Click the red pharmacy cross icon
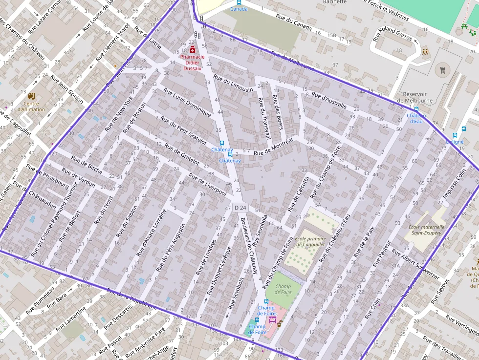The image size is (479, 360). (x=193, y=50)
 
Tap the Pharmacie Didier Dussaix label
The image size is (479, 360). (x=192, y=63)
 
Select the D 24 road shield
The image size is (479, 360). (x=240, y=208)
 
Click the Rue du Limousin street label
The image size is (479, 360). (x=233, y=84)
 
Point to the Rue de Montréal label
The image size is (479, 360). (x=273, y=145)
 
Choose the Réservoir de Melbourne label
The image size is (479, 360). (x=415, y=97)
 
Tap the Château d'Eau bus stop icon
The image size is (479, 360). (x=416, y=109)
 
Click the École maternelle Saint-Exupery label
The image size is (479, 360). (x=427, y=230)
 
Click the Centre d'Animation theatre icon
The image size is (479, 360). (x=32, y=96)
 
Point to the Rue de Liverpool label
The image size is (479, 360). (x=208, y=185)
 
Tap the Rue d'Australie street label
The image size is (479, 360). (x=329, y=100)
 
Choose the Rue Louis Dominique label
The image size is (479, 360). (x=187, y=102)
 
